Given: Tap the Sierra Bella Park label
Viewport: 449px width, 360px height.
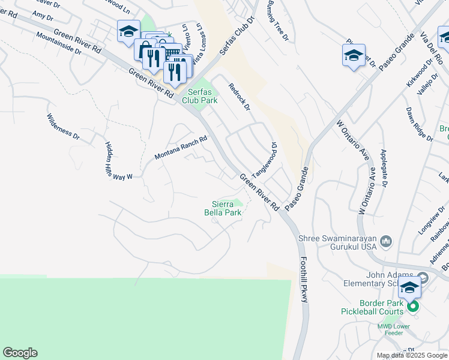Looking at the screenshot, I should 226,208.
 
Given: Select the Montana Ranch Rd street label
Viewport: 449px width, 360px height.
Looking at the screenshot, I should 180,147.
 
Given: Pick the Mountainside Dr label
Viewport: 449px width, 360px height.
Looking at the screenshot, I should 58,42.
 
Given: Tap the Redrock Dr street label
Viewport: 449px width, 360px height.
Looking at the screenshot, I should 238,97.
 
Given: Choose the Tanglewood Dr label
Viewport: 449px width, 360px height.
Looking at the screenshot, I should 265,160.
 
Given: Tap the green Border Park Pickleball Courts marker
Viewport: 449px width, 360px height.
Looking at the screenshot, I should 413,307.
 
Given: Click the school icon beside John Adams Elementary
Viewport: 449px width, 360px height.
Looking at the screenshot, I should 410,289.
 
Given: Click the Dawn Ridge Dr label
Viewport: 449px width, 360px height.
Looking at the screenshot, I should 420,124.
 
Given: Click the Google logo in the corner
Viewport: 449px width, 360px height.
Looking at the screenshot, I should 20,353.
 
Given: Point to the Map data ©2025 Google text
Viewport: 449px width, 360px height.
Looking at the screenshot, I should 411,355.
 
